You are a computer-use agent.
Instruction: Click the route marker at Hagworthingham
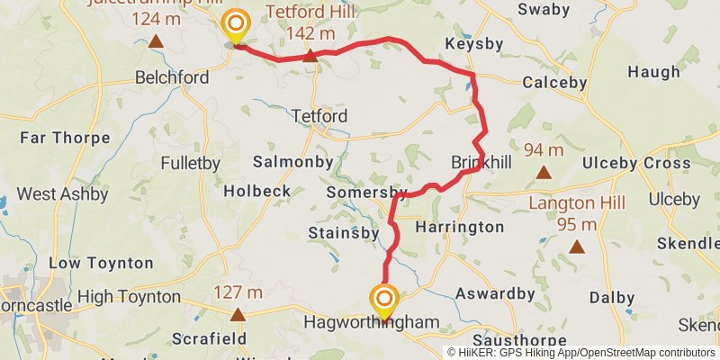(385, 301)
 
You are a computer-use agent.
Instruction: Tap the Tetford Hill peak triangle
(310, 57)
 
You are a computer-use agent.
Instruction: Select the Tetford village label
(319, 116)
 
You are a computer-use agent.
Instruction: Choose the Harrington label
(460, 227)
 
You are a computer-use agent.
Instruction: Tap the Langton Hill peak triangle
(576, 246)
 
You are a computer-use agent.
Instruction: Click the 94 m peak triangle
(544, 171)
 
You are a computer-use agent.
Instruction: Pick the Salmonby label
(292, 162)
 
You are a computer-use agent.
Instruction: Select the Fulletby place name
(190, 164)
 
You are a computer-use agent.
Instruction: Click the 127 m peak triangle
(238, 314)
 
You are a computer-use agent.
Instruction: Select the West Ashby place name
(62, 193)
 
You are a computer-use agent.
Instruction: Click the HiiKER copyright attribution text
(581, 352)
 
